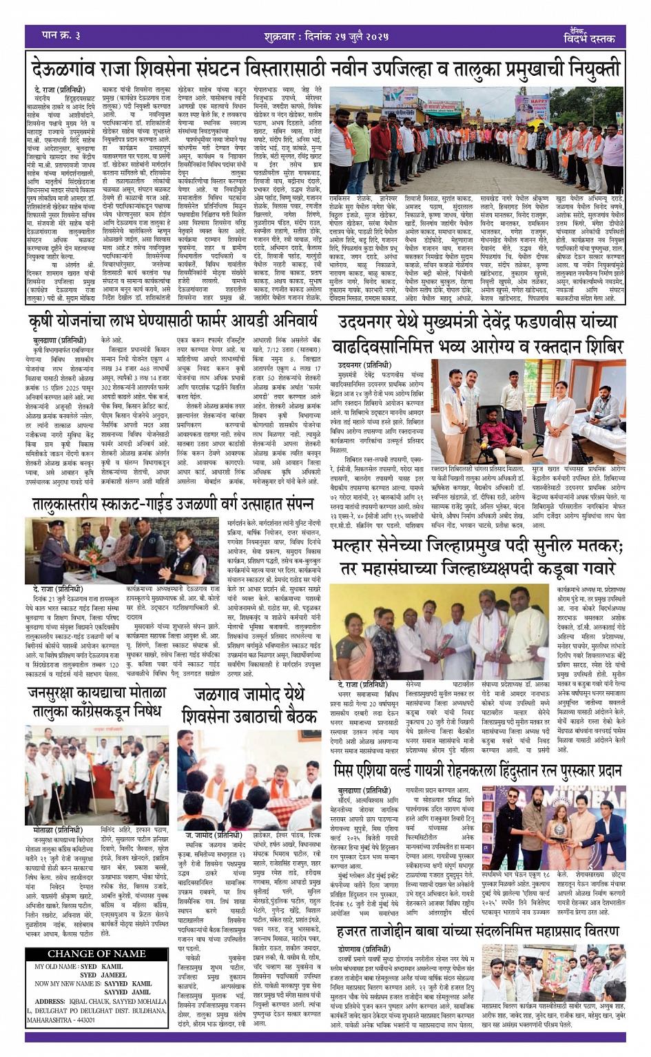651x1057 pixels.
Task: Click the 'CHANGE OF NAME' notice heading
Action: coord(96,954)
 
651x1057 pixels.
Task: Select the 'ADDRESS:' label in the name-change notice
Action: coord(50,1001)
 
